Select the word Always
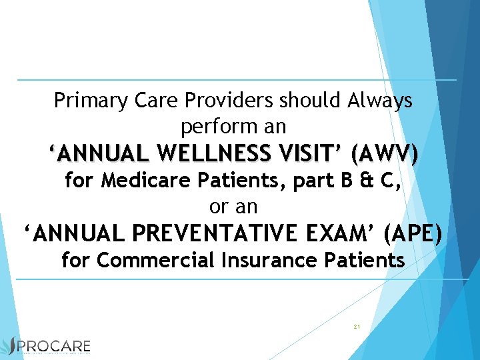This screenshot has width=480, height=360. (x=380, y=101)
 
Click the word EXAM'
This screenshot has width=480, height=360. (x=349, y=233)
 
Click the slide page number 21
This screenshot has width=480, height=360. (x=357, y=327)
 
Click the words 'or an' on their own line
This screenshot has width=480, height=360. (x=233, y=206)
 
